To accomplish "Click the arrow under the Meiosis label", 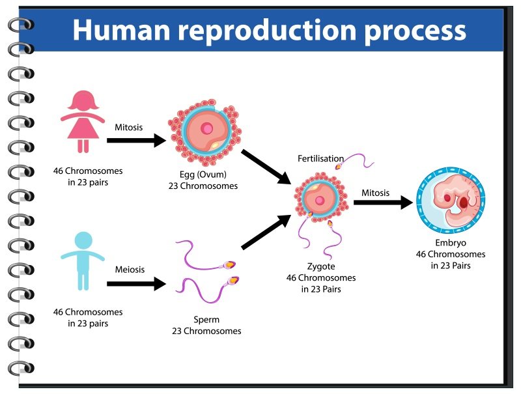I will point(135,283).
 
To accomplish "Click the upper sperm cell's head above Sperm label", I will point(229,265).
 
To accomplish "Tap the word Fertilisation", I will point(320,159).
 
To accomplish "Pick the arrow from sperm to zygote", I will point(266,232).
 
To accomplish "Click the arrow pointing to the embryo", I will point(383,203).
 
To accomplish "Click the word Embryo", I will point(450,243).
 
